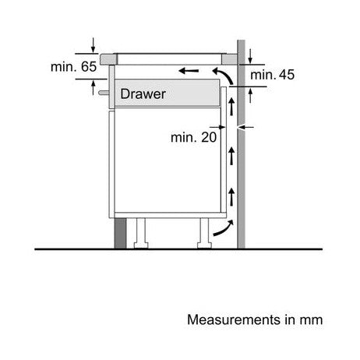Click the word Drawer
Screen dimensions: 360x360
click(143, 94)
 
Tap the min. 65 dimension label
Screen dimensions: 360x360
click(73, 67)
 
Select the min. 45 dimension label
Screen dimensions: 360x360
click(272, 75)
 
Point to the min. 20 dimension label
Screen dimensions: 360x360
click(193, 137)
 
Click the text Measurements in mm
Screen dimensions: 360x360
click(255, 319)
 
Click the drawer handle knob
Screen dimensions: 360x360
click(104, 93)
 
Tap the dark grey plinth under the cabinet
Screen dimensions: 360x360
click(120, 233)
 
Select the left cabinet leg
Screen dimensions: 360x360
click(141, 233)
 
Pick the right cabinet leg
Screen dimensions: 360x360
click(204, 233)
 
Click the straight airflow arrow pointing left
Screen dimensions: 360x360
click(189, 70)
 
